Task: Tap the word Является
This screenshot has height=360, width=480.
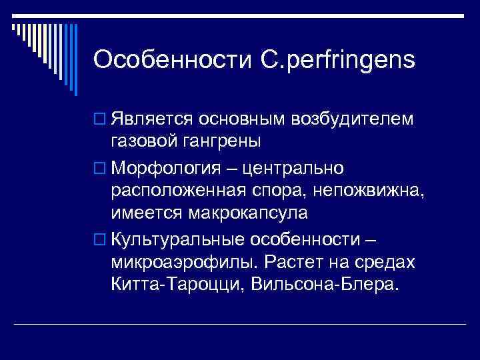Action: (x=151, y=119)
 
